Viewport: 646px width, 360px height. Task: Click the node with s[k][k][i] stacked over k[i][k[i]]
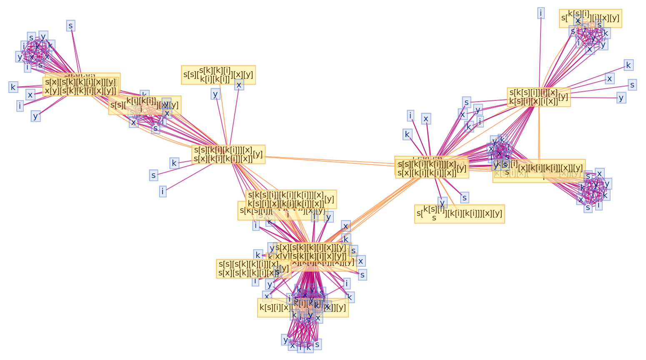tap(218, 75)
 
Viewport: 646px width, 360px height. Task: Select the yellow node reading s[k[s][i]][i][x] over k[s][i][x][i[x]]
tap(538, 97)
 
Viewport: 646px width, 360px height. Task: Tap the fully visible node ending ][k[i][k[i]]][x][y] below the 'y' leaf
tap(459, 214)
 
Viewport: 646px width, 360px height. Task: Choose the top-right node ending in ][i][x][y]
tap(590, 18)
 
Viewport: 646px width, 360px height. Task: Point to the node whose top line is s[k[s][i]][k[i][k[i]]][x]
tap(291, 199)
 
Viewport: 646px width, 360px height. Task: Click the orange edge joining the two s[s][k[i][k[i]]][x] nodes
tap(329, 160)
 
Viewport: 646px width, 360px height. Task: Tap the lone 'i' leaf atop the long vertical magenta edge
tap(541, 13)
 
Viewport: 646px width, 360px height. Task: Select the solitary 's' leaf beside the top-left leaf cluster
tap(70, 26)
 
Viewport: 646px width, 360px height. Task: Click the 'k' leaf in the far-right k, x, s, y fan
tap(628, 65)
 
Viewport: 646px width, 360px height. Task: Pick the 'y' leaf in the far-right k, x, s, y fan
tap(621, 98)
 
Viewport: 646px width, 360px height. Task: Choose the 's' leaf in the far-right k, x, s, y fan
tap(632, 85)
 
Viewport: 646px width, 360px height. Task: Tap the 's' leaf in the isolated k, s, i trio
tap(153, 175)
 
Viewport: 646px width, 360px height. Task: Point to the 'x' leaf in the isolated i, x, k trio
tap(426, 119)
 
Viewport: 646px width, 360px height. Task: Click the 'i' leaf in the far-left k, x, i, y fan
tap(20, 106)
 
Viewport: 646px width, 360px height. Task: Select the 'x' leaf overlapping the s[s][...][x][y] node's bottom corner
tap(239, 85)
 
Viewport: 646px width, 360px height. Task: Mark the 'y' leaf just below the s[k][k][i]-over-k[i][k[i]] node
tap(215, 94)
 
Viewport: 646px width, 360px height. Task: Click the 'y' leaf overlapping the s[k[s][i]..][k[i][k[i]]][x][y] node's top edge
tap(442, 202)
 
